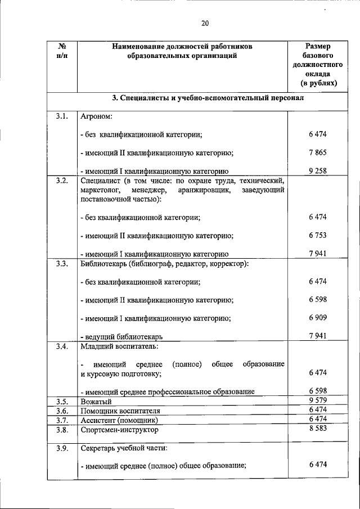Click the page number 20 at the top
205,23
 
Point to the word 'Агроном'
96,117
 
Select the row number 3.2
62,181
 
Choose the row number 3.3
62,263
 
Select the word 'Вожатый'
96,402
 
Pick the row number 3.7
62,420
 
